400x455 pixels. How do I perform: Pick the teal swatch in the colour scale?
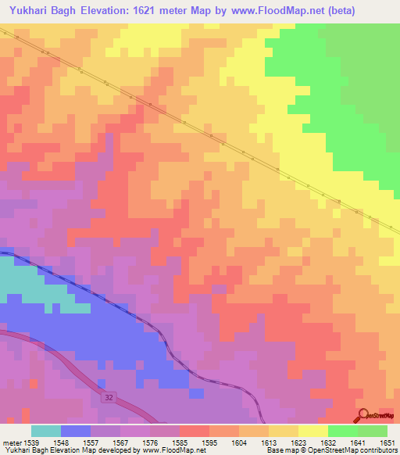pyautogui.click(x=46, y=431)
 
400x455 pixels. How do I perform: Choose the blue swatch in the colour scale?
pyautogui.click(x=76, y=431)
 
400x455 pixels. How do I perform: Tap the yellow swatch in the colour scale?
pyautogui.click(x=313, y=431)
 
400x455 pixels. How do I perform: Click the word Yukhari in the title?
pyautogui.click(x=34, y=11)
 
